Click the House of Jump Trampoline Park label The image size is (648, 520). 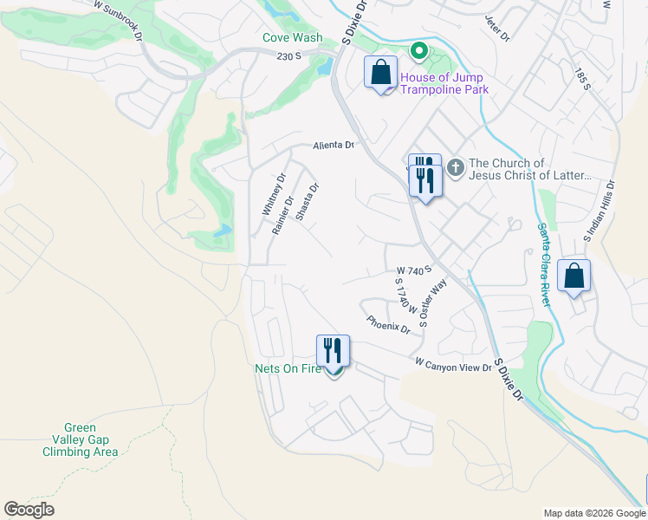pos(444,83)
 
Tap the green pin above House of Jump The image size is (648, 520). pos(418,52)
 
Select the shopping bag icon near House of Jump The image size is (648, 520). pos(380,72)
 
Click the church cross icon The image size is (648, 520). pos(457,165)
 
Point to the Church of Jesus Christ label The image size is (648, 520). pos(529,169)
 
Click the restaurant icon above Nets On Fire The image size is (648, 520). pos(333,350)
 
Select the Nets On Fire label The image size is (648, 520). pos(288,368)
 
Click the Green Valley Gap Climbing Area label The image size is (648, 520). pos(80,439)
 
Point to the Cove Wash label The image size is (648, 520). pos(293,37)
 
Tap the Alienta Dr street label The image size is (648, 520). pos(334,146)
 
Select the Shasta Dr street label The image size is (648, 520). pos(307,202)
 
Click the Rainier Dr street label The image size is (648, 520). pos(283,215)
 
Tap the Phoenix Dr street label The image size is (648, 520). pos(388,324)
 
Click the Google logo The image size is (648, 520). pos(29,510)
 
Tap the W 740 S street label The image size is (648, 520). pos(414,271)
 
